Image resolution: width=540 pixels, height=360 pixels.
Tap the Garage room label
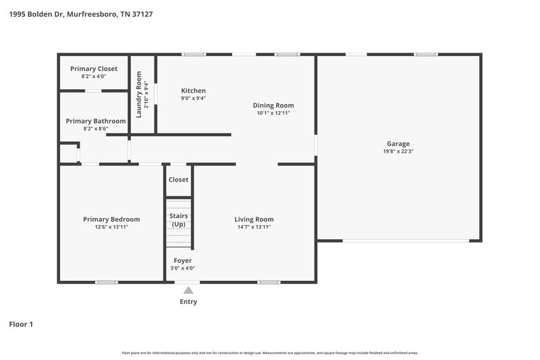coord(398,143)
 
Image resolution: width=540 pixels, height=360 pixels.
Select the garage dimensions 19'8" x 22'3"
coord(398,151)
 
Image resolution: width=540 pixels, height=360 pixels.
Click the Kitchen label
coord(193,91)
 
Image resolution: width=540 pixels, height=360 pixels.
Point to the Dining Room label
coord(273,105)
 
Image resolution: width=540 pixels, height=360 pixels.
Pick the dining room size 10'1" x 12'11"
coord(273,113)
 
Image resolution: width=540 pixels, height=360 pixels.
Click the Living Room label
coord(254,219)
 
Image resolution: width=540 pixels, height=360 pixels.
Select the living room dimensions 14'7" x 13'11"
coord(254,227)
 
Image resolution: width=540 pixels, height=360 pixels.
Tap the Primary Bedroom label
coord(111,219)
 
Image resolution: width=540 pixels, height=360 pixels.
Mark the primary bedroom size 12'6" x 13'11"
coord(111,227)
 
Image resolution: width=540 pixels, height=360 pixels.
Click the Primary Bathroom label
coord(95,121)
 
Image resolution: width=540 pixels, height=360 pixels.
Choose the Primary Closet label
coord(93,69)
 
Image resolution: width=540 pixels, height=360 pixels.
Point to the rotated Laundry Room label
coord(140,95)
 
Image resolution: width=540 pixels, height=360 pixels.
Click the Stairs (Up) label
coord(179,220)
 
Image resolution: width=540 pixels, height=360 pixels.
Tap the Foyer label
coord(182,260)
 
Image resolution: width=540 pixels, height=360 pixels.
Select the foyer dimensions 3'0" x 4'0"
coord(182,268)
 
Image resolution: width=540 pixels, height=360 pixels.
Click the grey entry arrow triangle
coord(188,290)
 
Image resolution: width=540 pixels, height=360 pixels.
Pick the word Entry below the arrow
coord(188,302)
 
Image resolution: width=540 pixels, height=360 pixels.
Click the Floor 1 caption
coord(21,324)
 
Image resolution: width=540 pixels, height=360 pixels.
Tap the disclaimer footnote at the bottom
coord(270,353)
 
